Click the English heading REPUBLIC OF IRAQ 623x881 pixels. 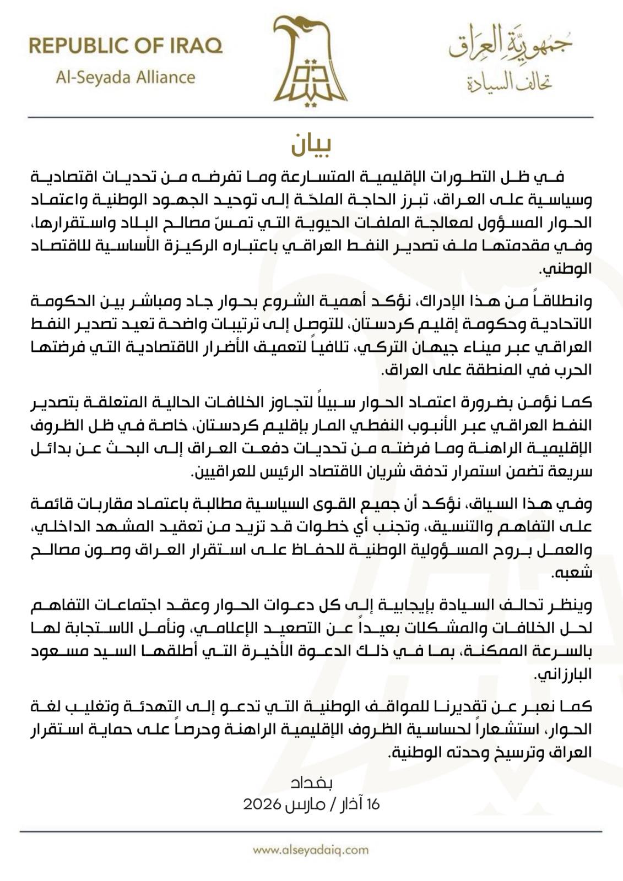coord(126,46)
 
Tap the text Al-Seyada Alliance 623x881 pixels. coord(126,77)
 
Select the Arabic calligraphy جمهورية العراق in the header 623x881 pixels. coord(510,44)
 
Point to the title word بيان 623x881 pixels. coord(311,145)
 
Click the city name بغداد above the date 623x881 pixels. coord(311,782)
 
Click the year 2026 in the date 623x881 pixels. coord(263,804)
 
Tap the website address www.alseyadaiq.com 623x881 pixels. coord(311,850)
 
